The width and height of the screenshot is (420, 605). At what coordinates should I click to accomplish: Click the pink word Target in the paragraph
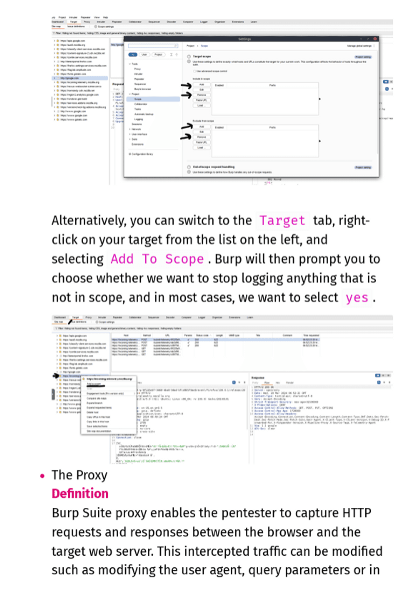click(282, 221)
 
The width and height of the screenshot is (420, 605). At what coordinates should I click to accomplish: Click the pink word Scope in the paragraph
click(184, 259)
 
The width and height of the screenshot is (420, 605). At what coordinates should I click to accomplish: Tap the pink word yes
click(357, 298)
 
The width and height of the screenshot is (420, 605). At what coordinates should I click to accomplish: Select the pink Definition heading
click(80, 493)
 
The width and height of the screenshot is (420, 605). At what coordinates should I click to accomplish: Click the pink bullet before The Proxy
click(42, 476)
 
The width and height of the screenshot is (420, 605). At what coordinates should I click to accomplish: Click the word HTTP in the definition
click(356, 513)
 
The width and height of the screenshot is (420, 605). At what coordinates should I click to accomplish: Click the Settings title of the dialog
click(244, 39)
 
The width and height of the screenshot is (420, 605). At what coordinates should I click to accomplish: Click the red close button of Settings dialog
click(375, 39)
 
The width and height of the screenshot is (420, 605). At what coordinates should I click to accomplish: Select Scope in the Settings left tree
click(138, 99)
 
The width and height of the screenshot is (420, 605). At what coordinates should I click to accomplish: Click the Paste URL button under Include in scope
click(201, 100)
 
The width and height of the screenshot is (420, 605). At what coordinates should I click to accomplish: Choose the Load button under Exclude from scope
click(200, 148)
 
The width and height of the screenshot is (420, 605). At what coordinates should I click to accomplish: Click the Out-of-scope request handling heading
click(213, 167)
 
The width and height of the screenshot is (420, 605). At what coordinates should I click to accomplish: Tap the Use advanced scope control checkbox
click(194, 71)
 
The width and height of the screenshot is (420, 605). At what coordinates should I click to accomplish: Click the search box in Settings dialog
click(153, 46)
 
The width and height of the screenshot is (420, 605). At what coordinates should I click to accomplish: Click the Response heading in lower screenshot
click(258, 378)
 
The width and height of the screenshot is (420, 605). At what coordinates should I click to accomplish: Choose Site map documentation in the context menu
click(99, 431)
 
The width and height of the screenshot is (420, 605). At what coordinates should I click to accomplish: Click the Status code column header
click(202, 335)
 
